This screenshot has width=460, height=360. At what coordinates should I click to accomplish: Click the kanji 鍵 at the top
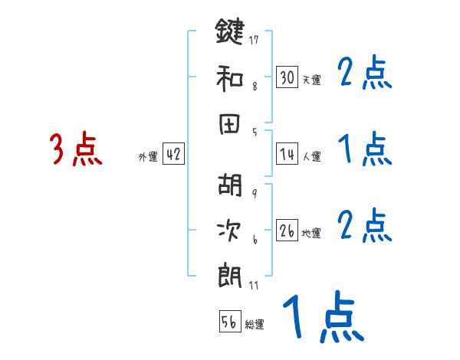(230, 31)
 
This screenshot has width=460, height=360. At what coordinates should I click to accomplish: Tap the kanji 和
(230, 77)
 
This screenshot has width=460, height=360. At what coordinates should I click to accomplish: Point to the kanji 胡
(230, 185)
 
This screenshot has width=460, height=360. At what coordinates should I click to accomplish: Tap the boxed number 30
(287, 77)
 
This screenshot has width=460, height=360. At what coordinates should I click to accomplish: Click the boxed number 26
(287, 231)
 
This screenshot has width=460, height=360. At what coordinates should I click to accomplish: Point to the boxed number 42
(173, 155)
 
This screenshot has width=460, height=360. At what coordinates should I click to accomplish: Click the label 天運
(311, 80)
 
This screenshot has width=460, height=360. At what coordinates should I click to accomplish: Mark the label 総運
(255, 324)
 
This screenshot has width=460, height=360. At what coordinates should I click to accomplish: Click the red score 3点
(75, 149)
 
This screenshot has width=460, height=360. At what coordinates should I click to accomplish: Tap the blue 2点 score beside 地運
(364, 224)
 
